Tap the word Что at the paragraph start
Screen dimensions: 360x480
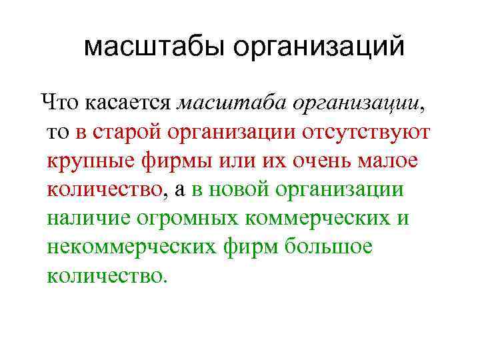pos(61,103)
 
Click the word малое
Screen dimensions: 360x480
pos(394,161)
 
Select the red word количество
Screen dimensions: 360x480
pos(104,189)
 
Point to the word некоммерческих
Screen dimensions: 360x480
pos(131,247)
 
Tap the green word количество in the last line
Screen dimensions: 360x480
pos(104,275)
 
